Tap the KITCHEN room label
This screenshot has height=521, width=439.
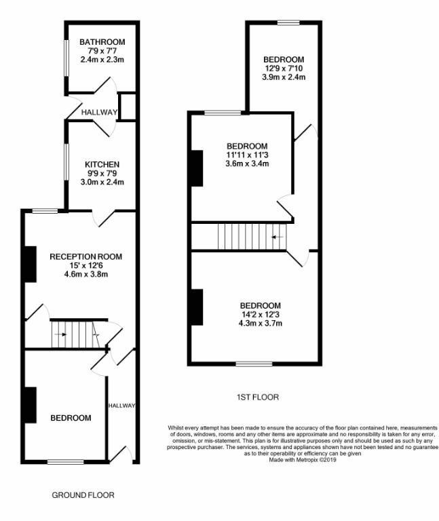(x=102, y=165)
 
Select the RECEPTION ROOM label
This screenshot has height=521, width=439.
(x=85, y=256)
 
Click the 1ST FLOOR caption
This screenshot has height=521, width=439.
(x=257, y=397)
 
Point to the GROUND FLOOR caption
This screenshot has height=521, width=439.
(x=83, y=495)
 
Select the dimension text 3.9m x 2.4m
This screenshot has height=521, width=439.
(x=284, y=77)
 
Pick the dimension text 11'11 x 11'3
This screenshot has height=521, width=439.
(x=247, y=155)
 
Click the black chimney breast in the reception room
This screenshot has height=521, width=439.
(x=30, y=264)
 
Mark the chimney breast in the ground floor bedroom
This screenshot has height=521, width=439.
(x=30, y=405)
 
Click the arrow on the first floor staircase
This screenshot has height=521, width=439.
(x=277, y=237)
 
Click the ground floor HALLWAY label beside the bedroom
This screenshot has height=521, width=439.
(x=122, y=406)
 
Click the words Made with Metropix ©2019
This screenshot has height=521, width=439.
(x=303, y=459)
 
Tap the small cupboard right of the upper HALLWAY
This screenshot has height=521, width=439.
(x=128, y=107)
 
